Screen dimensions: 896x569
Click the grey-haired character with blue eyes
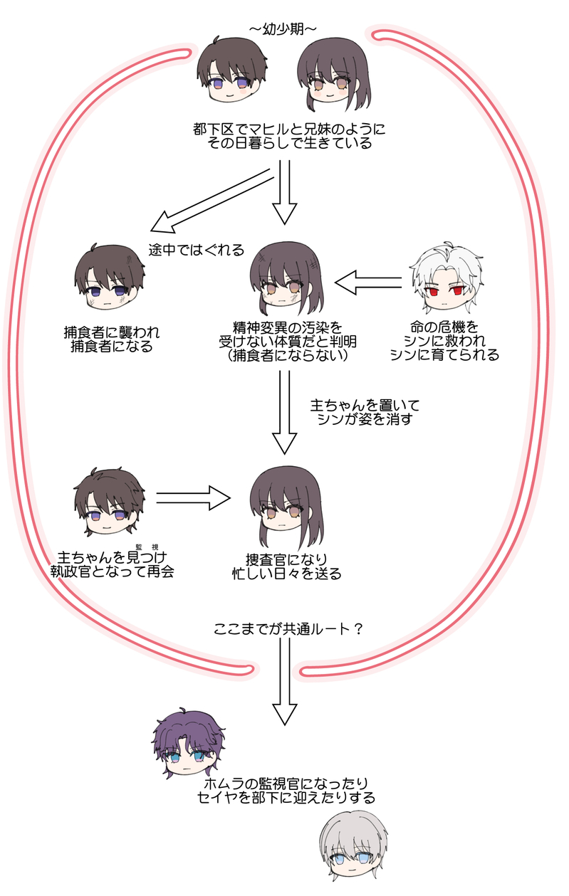point(355,850)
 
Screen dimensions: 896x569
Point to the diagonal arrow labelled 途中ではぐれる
point(212,201)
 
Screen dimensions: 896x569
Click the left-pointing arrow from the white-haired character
point(368,283)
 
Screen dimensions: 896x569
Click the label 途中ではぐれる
point(197,250)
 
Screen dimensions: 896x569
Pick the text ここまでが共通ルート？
point(288,631)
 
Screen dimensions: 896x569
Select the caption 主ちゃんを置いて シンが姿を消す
point(365,412)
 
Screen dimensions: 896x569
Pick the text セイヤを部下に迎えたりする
point(286,798)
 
